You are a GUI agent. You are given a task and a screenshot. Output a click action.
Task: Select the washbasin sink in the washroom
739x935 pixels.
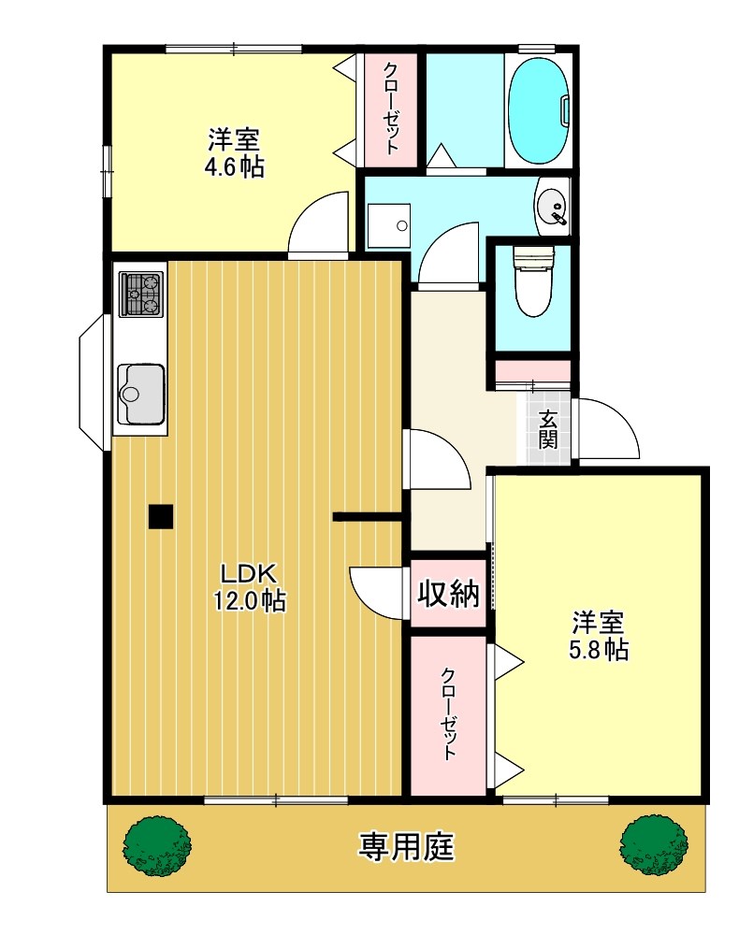tap(553, 205)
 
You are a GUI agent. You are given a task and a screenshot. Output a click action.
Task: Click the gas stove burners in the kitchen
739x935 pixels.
tap(140, 293)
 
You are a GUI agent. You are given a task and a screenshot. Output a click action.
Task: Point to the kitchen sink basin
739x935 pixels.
tap(140, 394)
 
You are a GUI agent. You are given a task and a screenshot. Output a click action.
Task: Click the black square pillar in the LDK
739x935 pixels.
tap(161, 515)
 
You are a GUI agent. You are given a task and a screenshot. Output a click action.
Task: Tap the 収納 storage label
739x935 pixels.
tap(448, 594)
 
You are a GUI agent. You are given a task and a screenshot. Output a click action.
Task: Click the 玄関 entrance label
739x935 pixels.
tap(548, 431)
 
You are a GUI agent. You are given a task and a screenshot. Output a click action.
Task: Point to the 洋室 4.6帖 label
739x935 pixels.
tap(234, 153)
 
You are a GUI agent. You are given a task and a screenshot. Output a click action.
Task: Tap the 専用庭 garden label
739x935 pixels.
tap(406, 847)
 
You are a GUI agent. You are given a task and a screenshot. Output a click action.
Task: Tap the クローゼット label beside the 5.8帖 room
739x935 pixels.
tap(449, 714)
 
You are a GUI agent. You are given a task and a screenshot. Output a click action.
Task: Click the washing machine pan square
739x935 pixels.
tap(388, 225)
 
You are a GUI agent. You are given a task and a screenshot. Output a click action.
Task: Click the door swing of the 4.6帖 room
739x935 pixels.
tap(318, 224)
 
